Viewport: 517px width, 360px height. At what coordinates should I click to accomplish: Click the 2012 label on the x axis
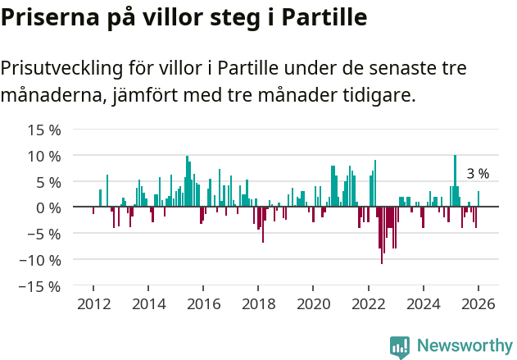pos(93,304)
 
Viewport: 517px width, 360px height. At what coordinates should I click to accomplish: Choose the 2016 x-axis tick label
pos(203,304)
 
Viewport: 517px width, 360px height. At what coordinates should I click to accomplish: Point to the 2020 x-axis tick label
pos(313,304)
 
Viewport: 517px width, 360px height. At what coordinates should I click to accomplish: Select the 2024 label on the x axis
pos(424,304)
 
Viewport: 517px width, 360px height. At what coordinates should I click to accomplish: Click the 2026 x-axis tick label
pos(478,304)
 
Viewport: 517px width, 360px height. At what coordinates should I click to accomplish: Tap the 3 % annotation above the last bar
pos(478,174)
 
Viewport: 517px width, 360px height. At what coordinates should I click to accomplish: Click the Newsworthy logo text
pos(465,346)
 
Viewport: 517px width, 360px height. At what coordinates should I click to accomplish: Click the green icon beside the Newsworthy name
pos(400,347)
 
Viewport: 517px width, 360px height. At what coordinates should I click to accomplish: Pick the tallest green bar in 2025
pos(455,181)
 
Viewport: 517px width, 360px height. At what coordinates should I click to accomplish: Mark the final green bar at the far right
pos(478,199)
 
